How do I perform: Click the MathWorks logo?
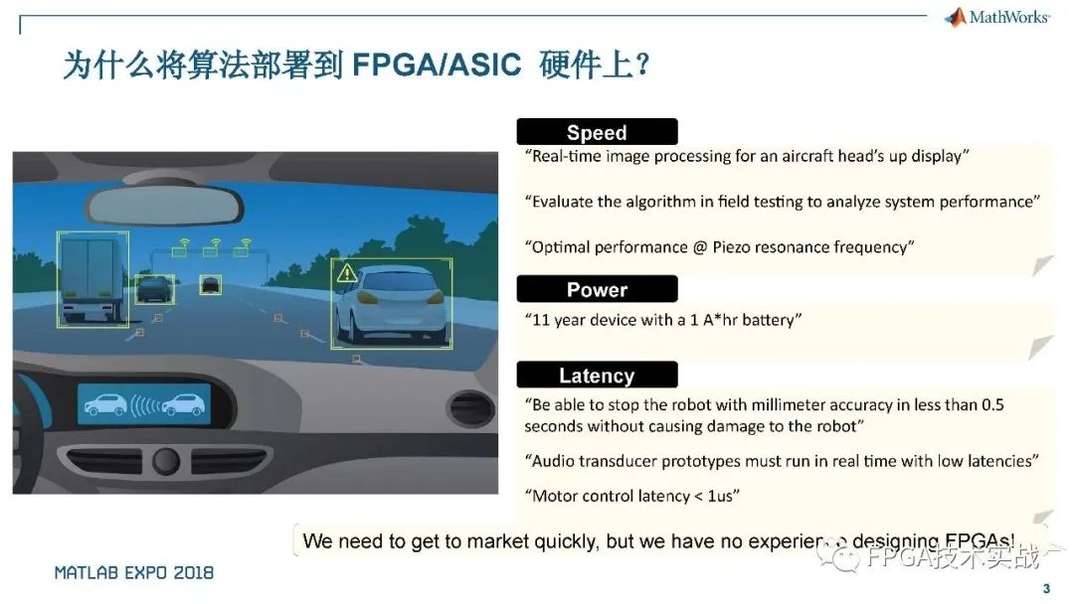click(997, 17)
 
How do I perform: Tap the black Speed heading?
click(597, 132)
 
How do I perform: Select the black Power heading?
click(597, 289)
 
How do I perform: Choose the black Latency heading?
click(597, 376)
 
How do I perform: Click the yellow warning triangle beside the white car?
click(346, 272)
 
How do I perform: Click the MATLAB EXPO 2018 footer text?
click(134, 573)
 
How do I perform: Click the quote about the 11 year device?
click(662, 320)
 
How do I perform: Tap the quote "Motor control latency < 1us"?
click(631, 496)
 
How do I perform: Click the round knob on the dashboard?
click(164, 460)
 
